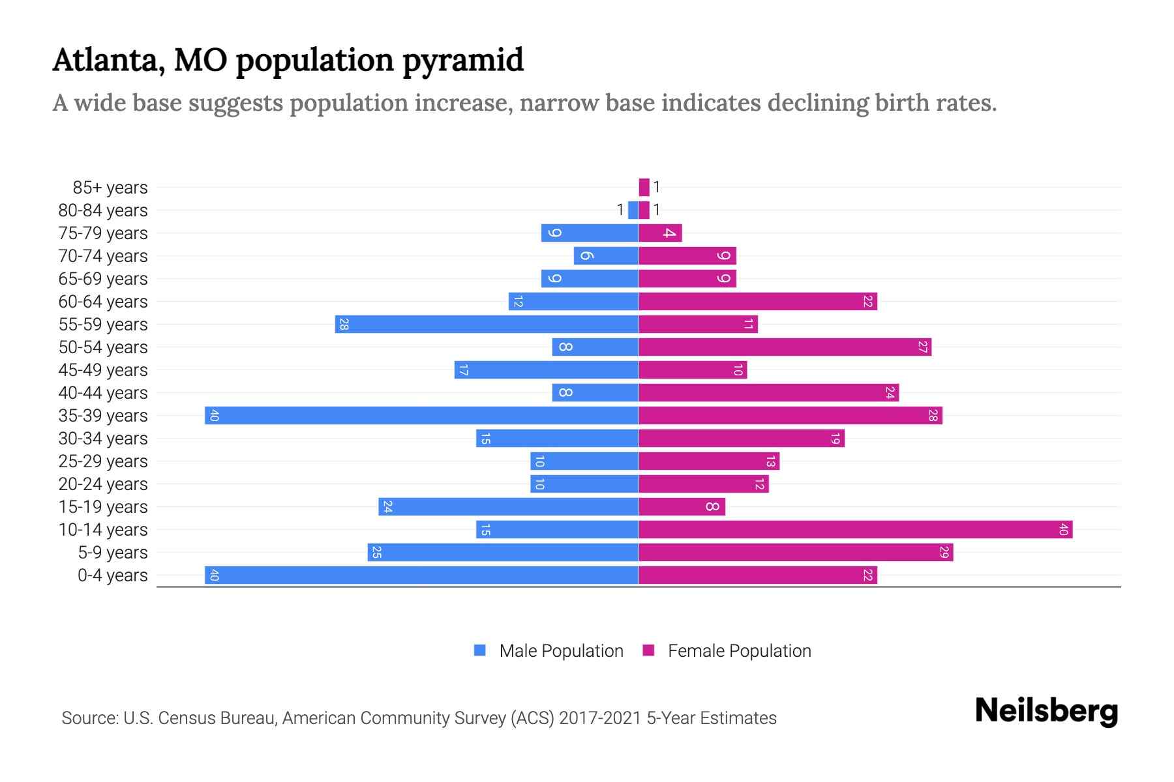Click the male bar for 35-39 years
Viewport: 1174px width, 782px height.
click(x=421, y=415)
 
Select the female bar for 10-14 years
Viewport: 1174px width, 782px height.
click(x=855, y=529)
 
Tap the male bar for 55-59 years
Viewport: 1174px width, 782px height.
click(x=487, y=324)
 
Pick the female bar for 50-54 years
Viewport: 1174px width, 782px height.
click(x=785, y=347)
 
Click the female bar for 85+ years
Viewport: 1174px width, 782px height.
click(x=644, y=187)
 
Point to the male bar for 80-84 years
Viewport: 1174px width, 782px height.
click(x=633, y=210)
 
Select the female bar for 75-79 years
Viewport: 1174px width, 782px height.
click(x=660, y=233)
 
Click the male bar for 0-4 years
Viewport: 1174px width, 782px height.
click(x=421, y=575)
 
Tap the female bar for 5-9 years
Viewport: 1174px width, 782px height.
click(x=796, y=552)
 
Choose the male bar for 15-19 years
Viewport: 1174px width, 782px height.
click(x=508, y=506)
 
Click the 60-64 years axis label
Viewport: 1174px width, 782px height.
click(x=103, y=302)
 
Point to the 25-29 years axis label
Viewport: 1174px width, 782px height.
click(x=103, y=461)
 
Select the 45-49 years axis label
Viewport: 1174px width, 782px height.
click(x=103, y=370)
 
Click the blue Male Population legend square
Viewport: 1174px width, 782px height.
click(x=480, y=650)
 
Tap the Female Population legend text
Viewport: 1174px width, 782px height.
click(x=739, y=651)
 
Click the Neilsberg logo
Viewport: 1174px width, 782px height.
click(x=1046, y=711)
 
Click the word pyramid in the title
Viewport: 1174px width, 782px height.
click(x=462, y=61)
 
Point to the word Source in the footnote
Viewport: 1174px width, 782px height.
click(x=89, y=718)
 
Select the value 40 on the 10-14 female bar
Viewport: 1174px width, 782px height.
click(x=1063, y=529)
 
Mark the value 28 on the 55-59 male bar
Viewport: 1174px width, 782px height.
click(x=344, y=324)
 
